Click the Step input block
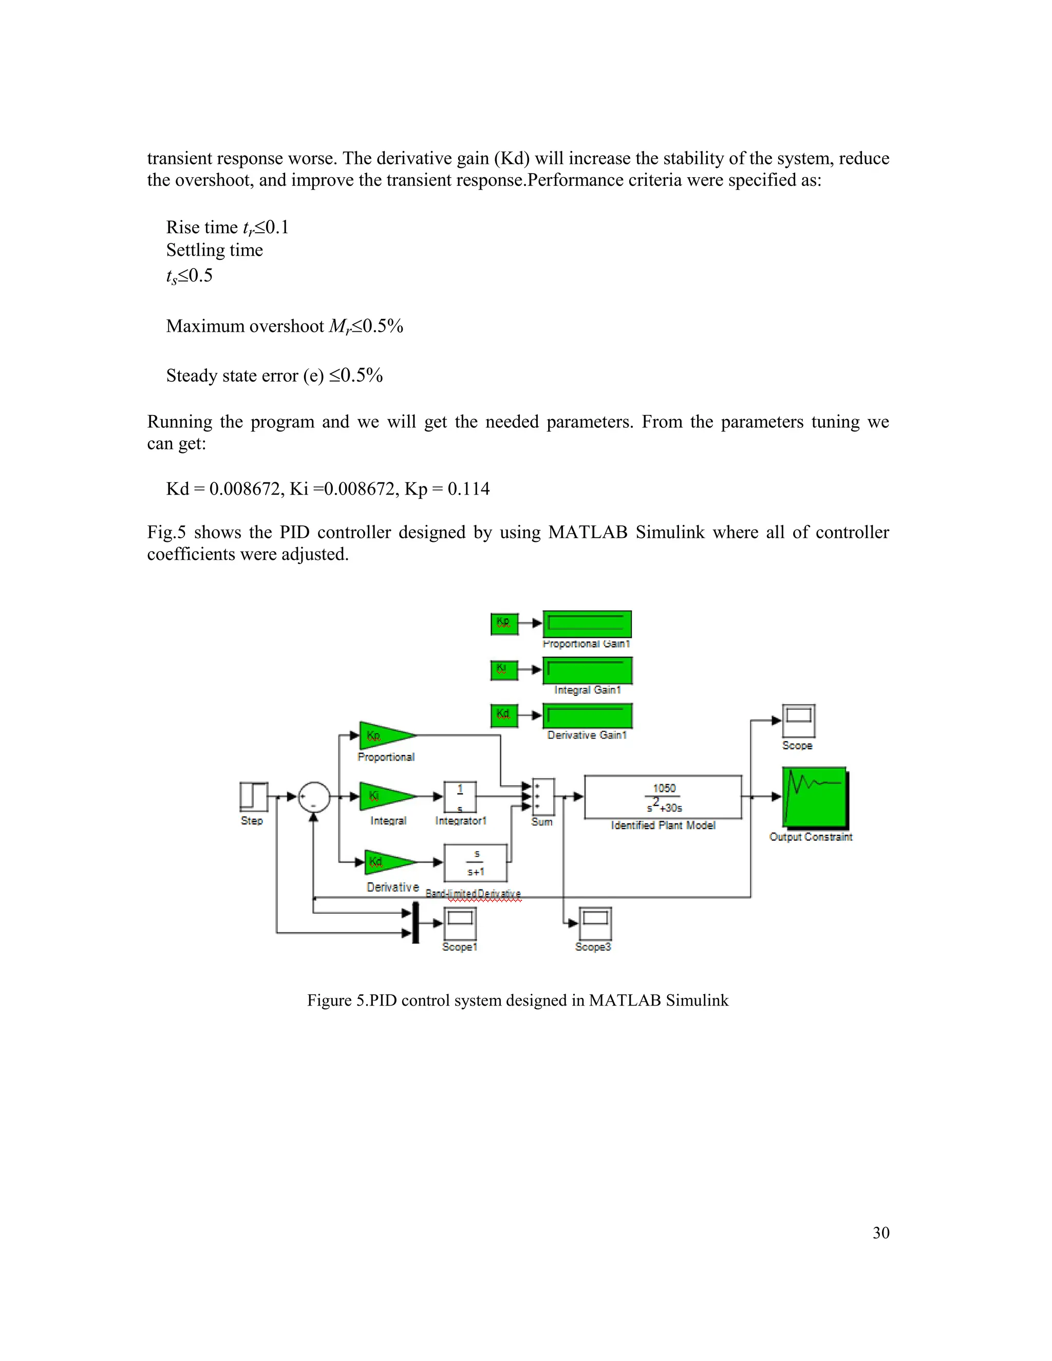click(254, 797)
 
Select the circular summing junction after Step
click(313, 797)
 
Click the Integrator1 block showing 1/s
click(460, 797)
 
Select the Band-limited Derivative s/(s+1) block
click(476, 862)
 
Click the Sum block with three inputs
click(543, 797)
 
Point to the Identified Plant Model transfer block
click(663, 797)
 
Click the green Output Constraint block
click(815, 797)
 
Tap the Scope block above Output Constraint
click(798, 721)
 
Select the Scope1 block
click(460, 923)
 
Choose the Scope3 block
click(595, 923)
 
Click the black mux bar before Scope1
click(416, 923)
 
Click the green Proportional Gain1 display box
click(587, 624)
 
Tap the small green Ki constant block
click(504, 670)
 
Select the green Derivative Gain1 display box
click(587, 715)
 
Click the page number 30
click(880, 1233)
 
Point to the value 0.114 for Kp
click(468, 488)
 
